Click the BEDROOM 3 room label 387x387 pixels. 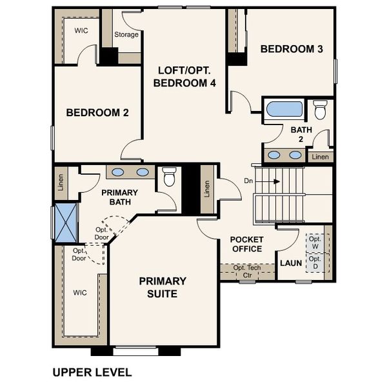click(292, 49)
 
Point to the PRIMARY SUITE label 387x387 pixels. click(163, 287)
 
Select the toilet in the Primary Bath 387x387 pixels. click(170, 176)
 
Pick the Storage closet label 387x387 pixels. click(126, 35)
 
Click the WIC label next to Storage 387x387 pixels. click(81, 30)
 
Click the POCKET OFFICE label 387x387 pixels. click(246, 244)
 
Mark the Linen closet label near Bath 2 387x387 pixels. click(320, 157)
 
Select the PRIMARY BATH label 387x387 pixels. click(116, 197)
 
